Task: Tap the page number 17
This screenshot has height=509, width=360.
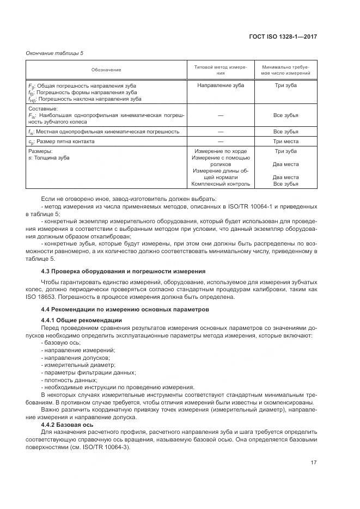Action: click(314, 462)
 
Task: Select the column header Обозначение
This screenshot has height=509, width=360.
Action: click(106, 70)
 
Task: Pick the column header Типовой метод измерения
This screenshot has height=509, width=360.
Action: click(221, 70)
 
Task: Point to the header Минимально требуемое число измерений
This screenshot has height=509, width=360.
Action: click(286, 70)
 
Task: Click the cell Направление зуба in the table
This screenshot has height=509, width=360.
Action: click(221, 85)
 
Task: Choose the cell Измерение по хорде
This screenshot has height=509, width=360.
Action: click(221, 151)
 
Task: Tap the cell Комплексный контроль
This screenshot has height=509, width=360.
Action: click(221, 183)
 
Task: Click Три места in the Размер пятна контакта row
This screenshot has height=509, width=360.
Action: click(286, 141)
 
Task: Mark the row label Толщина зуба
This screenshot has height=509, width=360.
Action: click(51, 157)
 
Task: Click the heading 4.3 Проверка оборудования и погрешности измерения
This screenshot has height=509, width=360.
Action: click(123, 271)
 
